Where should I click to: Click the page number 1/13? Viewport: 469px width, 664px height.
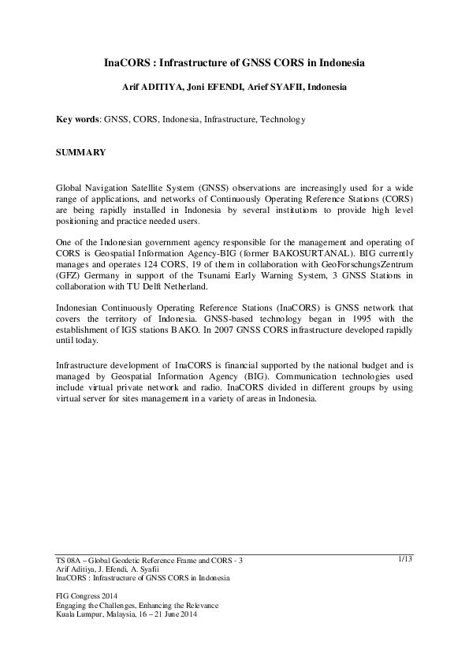pyautogui.click(x=406, y=558)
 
